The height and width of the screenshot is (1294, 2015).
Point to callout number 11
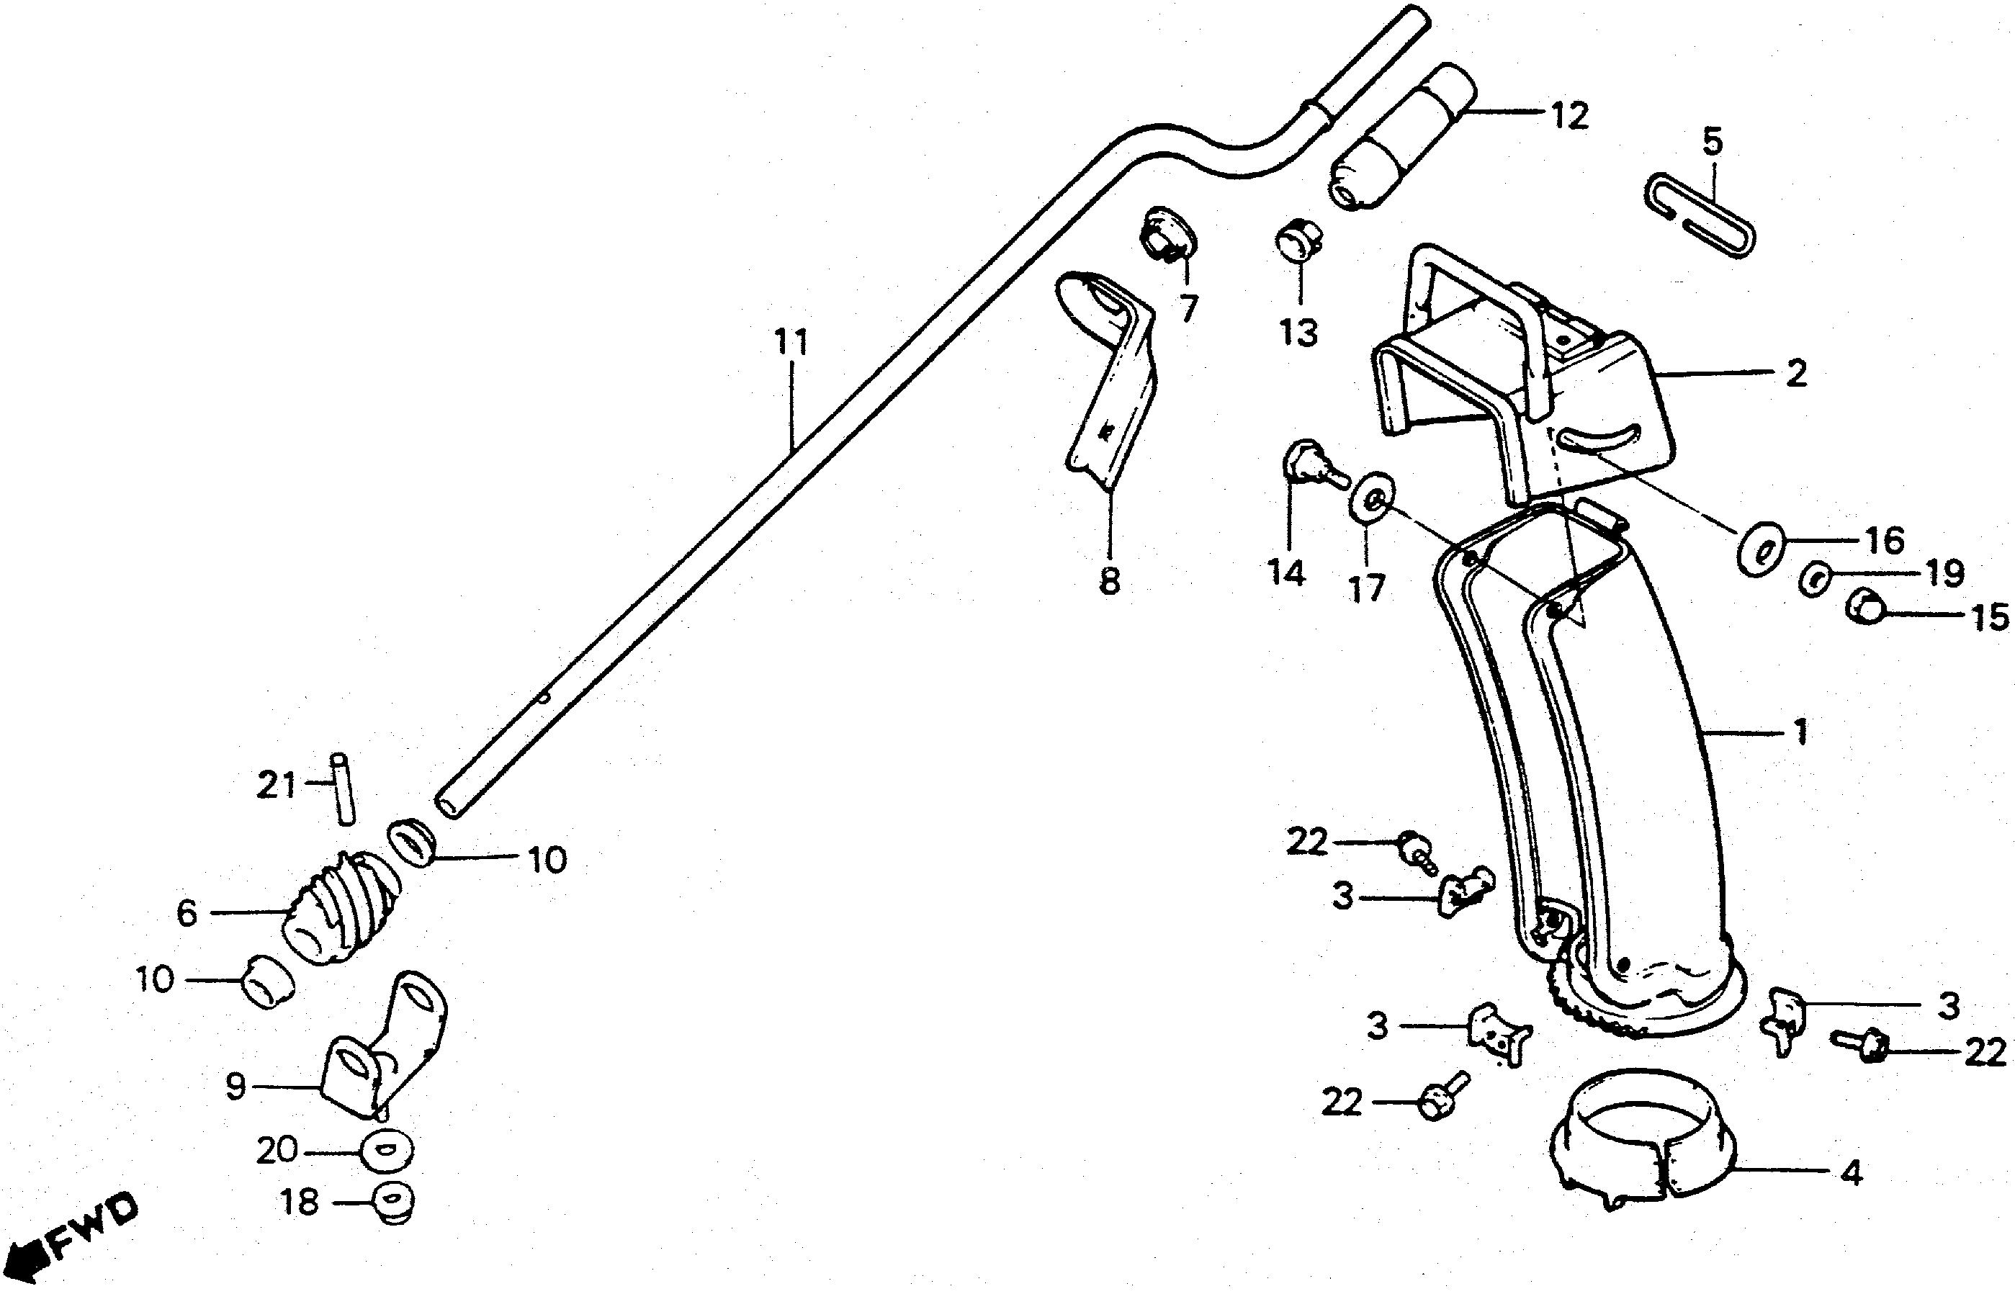pyautogui.click(x=791, y=342)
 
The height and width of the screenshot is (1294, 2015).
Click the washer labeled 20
pyautogui.click(x=387, y=1151)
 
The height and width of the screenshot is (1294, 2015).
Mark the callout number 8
pyautogui.click(x=1110, y=580)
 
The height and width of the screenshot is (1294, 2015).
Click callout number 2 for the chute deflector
pyautogui.click(x=1795, y=373)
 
